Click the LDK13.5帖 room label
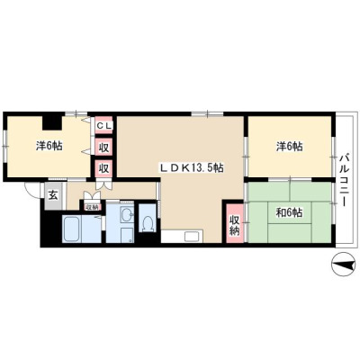(x=191, y=168)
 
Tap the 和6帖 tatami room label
(x=289, y=213)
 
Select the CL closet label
(x=103, y=126)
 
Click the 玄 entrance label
(x=53, y=195)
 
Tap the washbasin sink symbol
(x=127, y=215)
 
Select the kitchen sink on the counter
(x=191, y=237)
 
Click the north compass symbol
(x=342, y=265)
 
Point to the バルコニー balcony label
(x=345, y=180)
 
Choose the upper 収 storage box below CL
(x=103, y=148)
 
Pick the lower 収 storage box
(x=103, y=168)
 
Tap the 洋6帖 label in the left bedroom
(x=49, y=146)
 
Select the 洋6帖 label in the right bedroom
(x=289, y=147)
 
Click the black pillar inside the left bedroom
(x=53, y=122)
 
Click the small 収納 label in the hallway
(x=92, y=206)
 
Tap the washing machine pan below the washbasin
(x=127, y=235)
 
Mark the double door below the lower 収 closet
(x=103, y=184)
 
